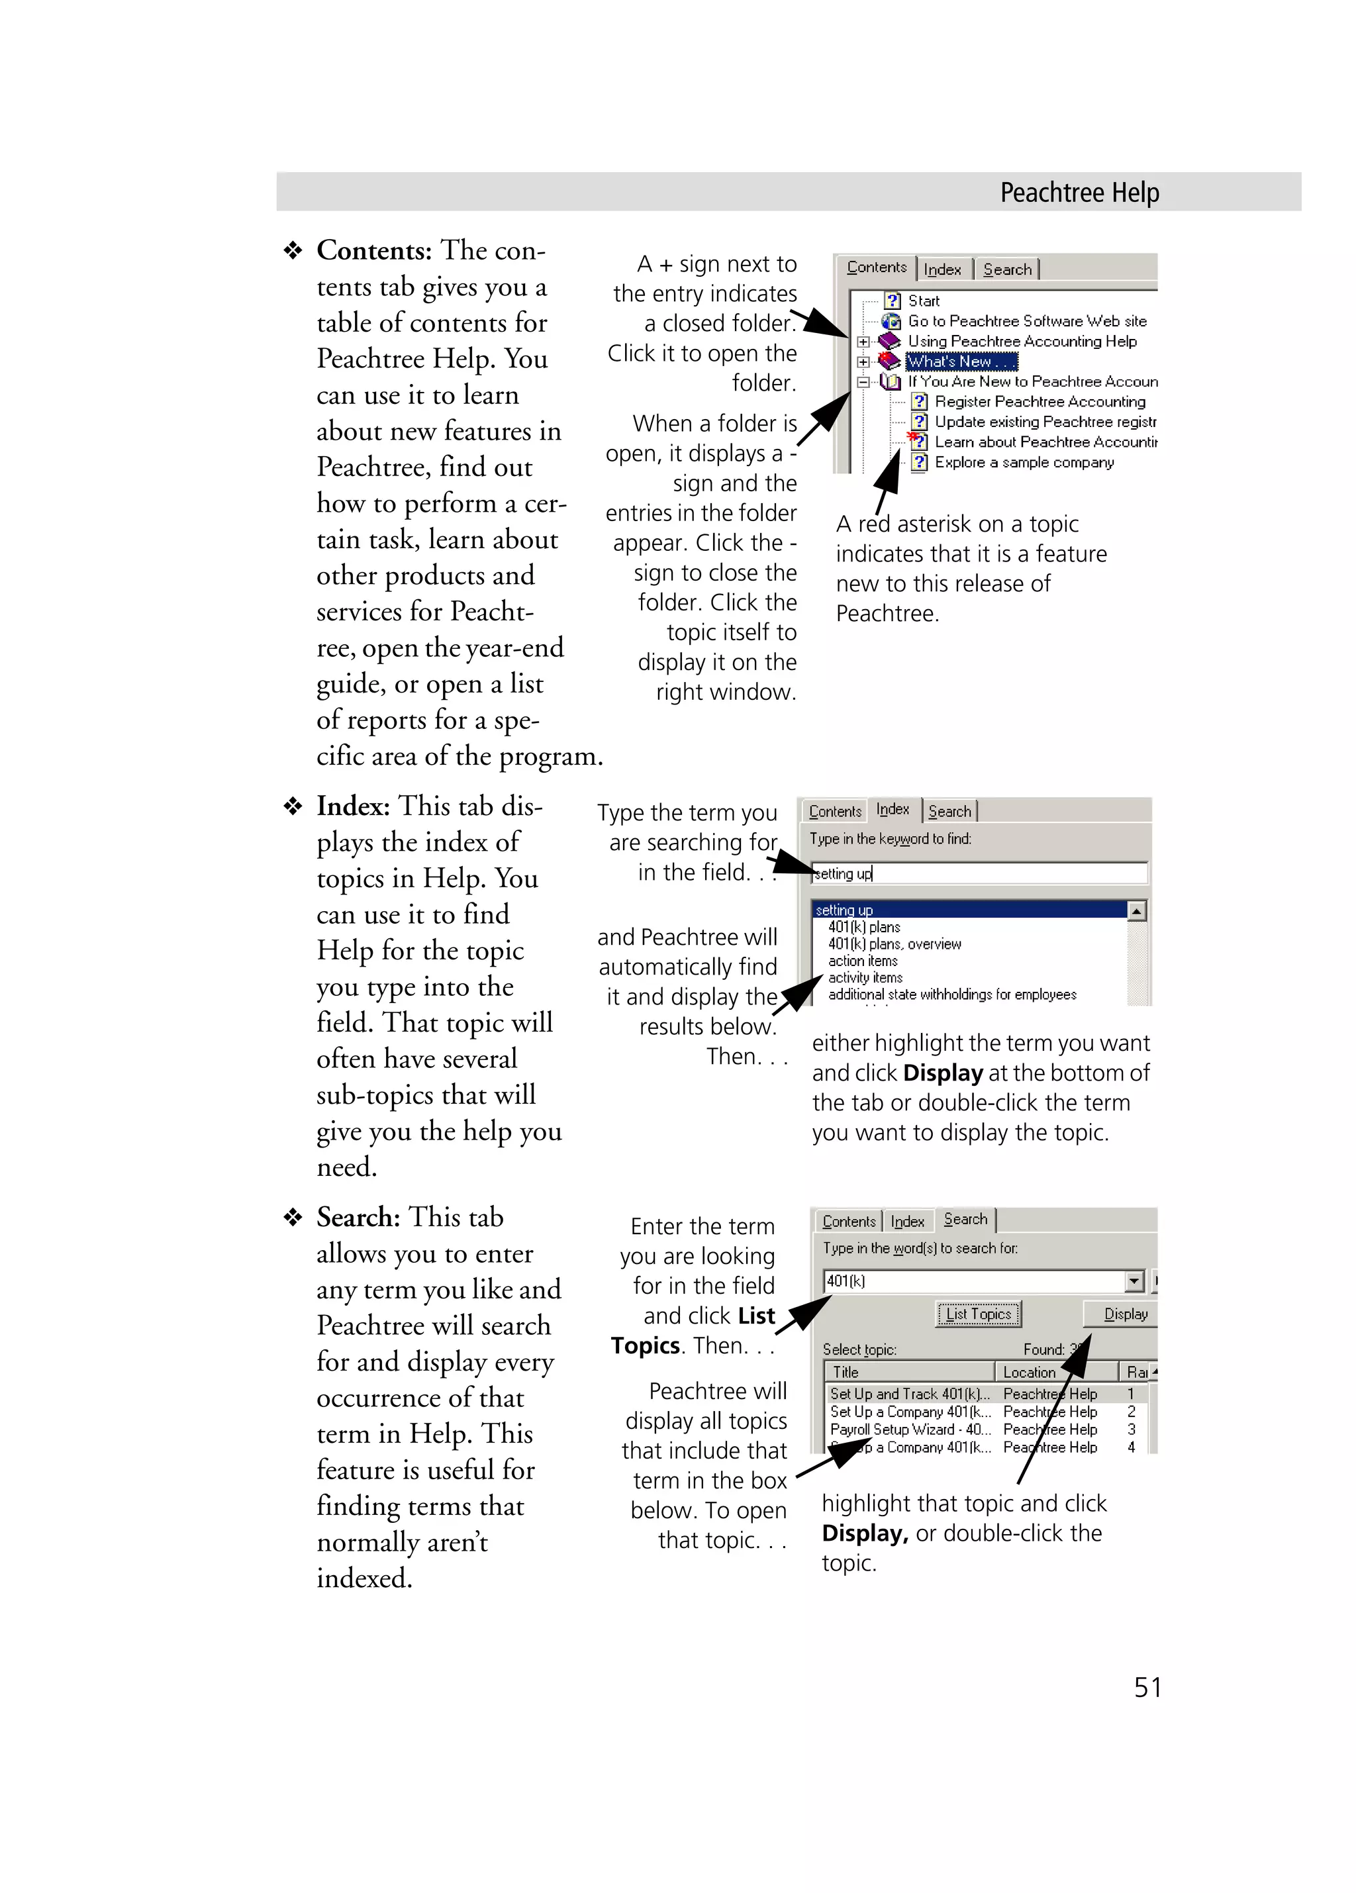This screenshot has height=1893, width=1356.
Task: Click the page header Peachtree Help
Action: pyautogui.click(x=1079, y=193)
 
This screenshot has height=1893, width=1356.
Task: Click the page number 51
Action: pyautogui.click(x=1147, y=1687)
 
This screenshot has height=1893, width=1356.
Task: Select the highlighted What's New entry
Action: pyautogui.click(x=959, y=362)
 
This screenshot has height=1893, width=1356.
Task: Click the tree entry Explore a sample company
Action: pyautogui.click(x=1023, y=462)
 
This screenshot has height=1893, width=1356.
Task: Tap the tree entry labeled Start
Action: pyautogui.click(x=923, y=301)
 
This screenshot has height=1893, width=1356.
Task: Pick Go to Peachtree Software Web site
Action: pyautogui.click(x=1026, y=321)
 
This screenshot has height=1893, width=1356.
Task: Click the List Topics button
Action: pyautogui.click(x=978, y=1314)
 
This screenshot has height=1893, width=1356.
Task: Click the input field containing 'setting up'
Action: pyautogui.click(x=978, y=874)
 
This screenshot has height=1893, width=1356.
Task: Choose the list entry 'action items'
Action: pyautogui.click(x=862, y=961)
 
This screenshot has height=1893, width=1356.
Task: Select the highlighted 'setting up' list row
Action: pyautogui.click(x=968, y=910)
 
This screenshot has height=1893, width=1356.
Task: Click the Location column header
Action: pyautogui.click(x=1029, y=1372)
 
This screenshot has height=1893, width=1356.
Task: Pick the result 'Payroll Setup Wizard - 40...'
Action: pyautogui.click(x=910, y=1430)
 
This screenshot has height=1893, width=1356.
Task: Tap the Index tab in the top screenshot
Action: pyautogui.click(x=942, y=269)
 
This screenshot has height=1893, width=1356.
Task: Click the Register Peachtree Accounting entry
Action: pyautogui.click(x=1039, y=401)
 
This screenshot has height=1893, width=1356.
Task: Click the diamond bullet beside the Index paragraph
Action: pyautogui.click(x=293, y=806)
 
